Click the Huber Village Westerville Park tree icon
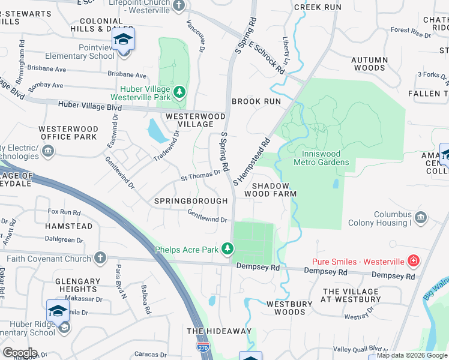[x=179, y=92]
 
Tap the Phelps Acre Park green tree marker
[x=227, y=248]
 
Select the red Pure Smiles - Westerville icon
[x=413, y=261]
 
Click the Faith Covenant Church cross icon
[x=100, y=258]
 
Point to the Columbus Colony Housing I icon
[x=421, y=216]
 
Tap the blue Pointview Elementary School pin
[x=123, y=41]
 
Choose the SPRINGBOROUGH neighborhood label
[x=190, y=201]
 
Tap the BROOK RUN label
[x=256, y=101]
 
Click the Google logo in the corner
[x=20, y=353]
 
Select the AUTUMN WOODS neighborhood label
[x=369, y=64]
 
